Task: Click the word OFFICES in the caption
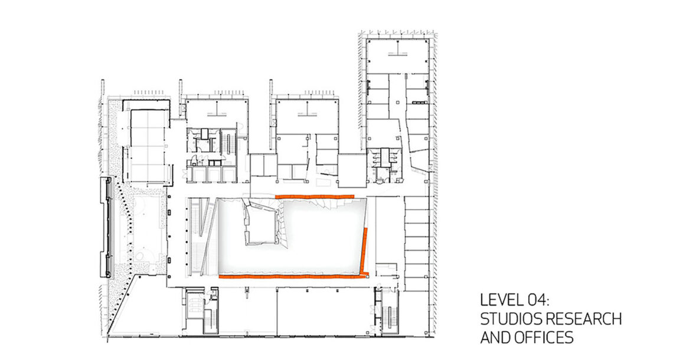[x=544, y=338]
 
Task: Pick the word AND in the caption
[x=495, y=338]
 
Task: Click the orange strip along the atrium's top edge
[x=315, y=197]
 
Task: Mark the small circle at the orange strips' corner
[x=368, y=277]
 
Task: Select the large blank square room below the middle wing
[x=352, y=171]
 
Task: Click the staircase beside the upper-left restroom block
[x=228, y=144]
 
